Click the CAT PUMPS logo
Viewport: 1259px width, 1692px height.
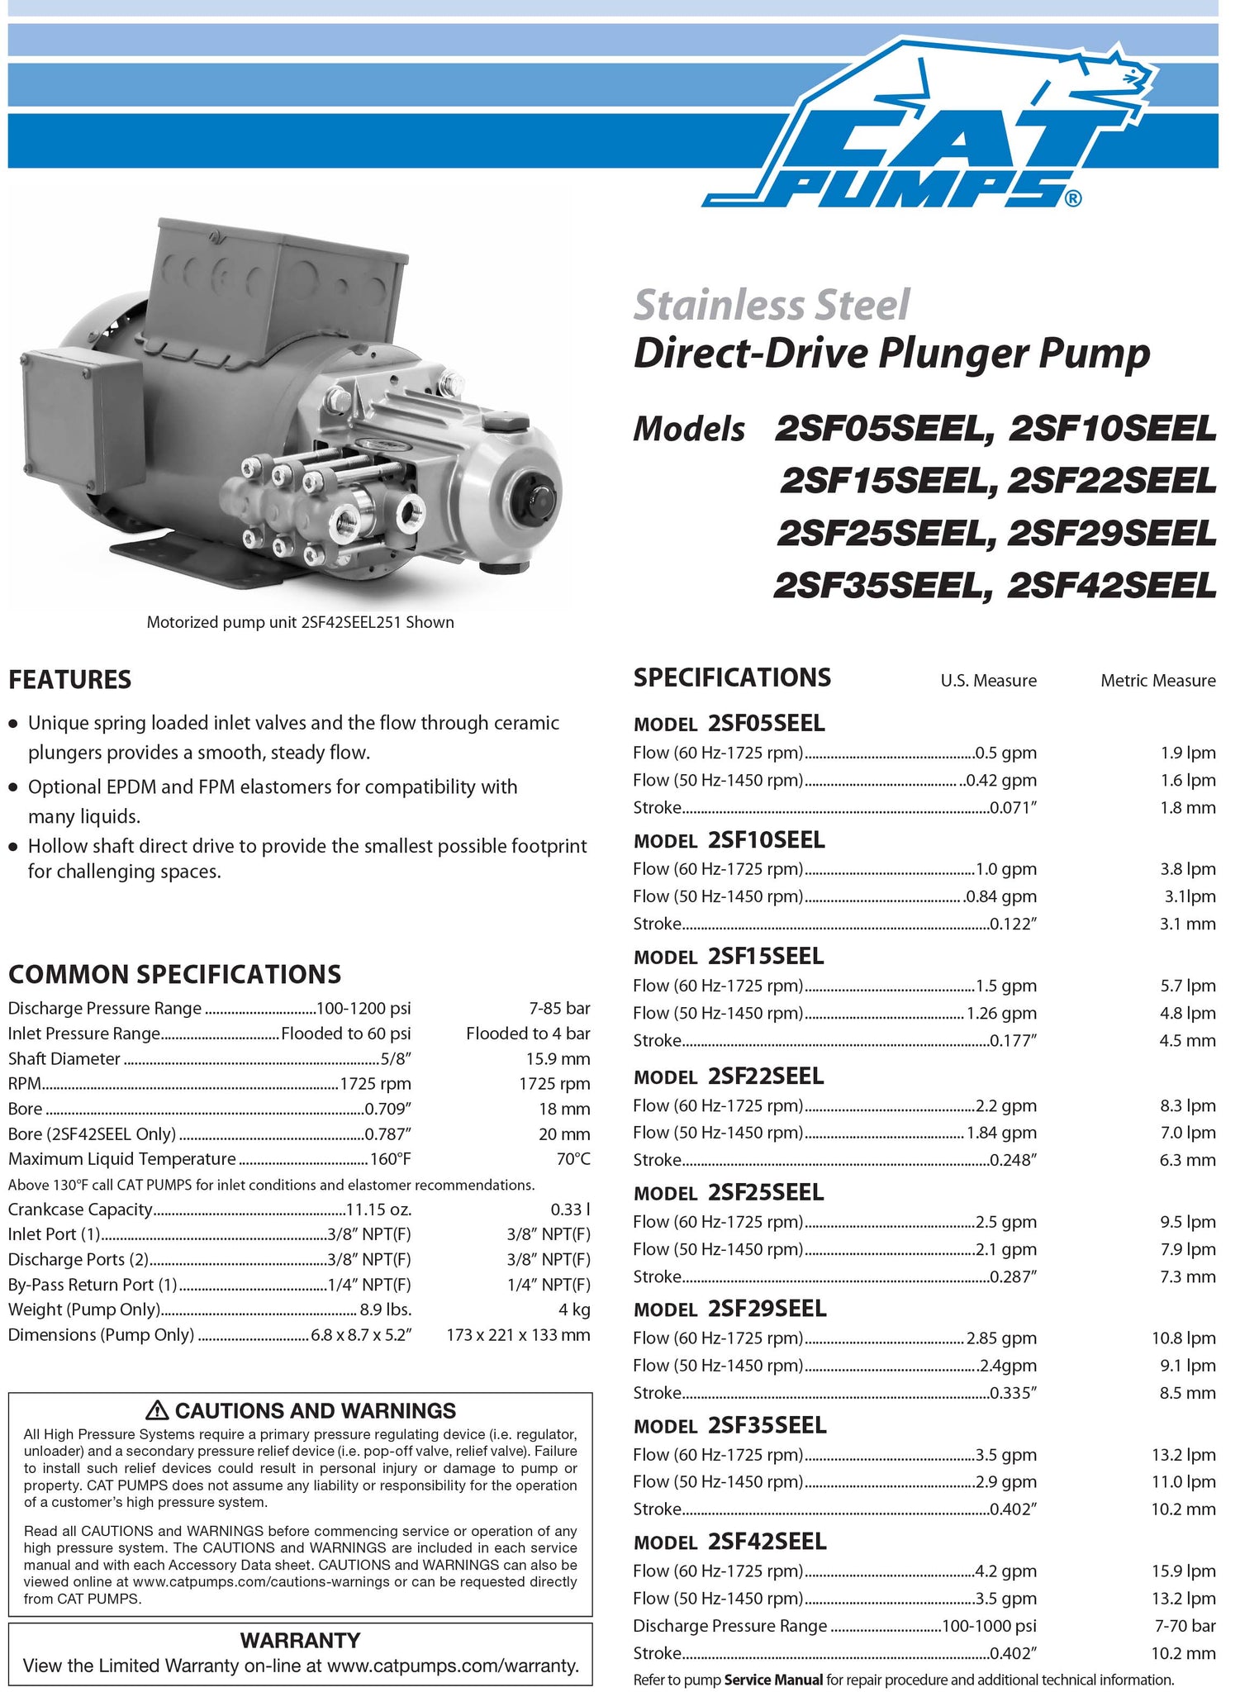tap(925, 132)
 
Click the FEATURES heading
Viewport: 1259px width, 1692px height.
tap(69, 680)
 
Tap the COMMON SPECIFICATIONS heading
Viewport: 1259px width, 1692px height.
tap(174, 974)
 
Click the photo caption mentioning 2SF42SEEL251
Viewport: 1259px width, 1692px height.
tap(300, 622)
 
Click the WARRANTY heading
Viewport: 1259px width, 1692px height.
tap(300, 1640)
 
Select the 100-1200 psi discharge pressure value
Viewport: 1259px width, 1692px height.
tap(364, 1008)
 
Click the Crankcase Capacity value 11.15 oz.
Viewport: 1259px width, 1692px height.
tap(378, 1210)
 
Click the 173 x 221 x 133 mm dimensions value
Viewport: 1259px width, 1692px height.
tap(518, 1335)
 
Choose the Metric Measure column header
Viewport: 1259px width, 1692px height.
tap(1157, 681)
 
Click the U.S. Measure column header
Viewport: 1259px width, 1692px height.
tap(988, 681)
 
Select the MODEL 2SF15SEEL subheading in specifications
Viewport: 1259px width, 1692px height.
tap(728, 957)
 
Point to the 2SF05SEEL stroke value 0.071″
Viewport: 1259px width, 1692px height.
tap(1013, 808)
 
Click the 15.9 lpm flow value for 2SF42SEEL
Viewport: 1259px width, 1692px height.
tap(1188, 1571)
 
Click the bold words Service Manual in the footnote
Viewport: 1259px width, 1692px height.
tap(773, 1680)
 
